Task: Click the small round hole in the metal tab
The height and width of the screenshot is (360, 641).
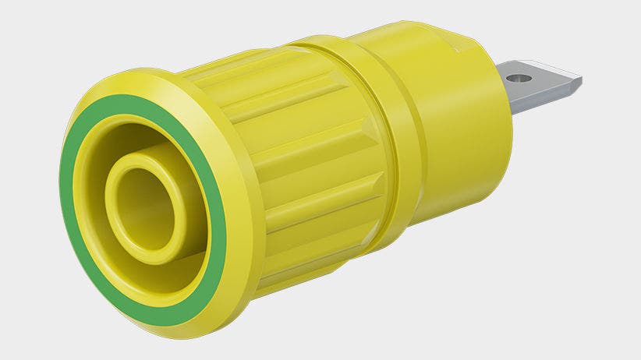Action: pos(520,77)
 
